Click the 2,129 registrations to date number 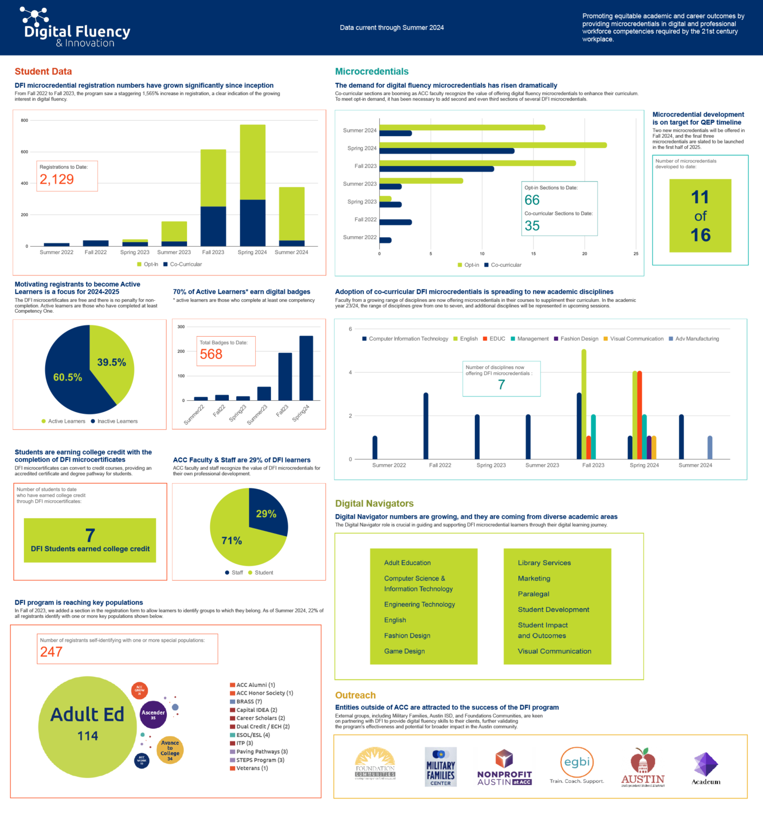click(x=57, y=179)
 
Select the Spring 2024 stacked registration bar click(x=253, y=185)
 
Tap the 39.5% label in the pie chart click(x=111, y=363)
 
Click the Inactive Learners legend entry click(x=117, y=421)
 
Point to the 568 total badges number click(x=211, y=354)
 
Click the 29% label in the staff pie click(x=266, y=514)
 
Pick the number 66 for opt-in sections click(x=532, y=200)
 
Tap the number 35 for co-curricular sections click(x=532, y=226)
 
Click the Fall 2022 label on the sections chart click(x=365, y=220)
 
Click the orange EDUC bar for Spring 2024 click(x=640, y=415)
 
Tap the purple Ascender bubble click(x=153, y=715)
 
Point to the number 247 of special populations click(x=51, y=652)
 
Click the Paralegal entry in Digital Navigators click(x=533, y=594)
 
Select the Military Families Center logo click(x=441, y=767)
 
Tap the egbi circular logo click(x=577, y=763)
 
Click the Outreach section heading click(x=355, y=695)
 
